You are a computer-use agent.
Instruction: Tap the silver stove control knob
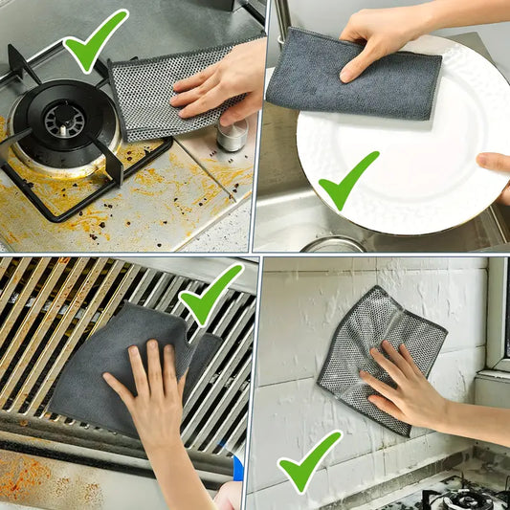click(x=231, y=135)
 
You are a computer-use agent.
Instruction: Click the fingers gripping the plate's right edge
click(x=497, y=168)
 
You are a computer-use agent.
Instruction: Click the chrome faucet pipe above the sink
click(x=279, y=24)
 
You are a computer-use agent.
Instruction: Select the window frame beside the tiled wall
click(x=497, y=316)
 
